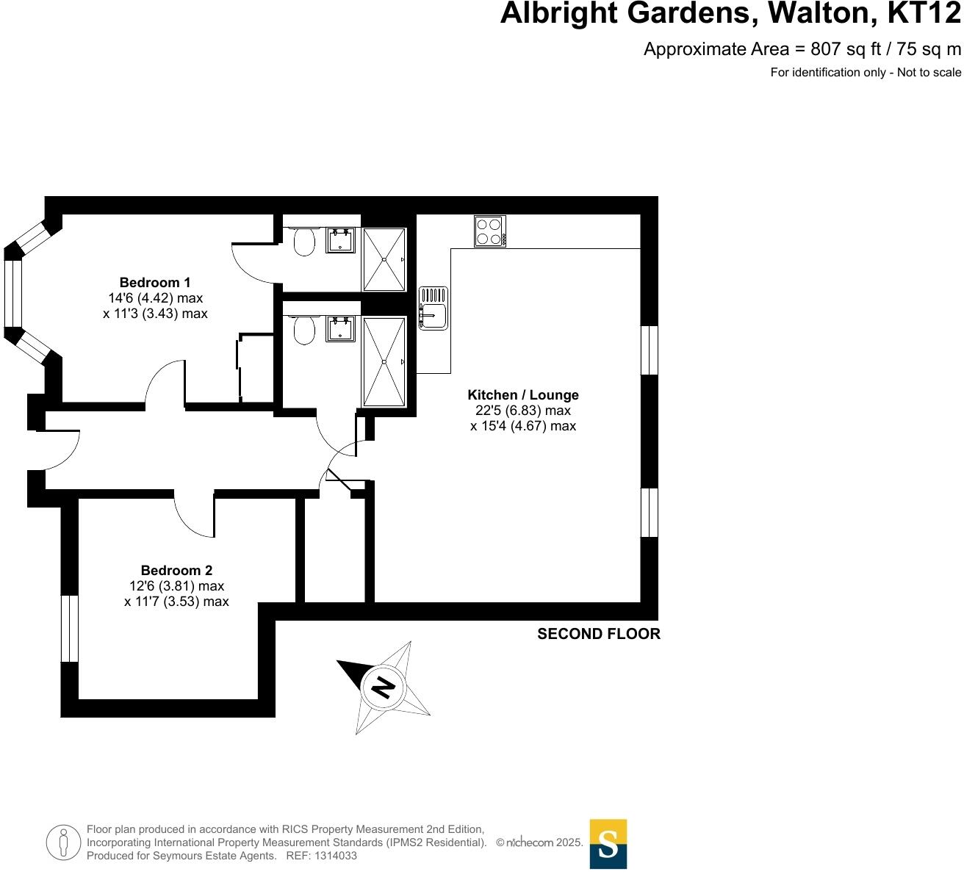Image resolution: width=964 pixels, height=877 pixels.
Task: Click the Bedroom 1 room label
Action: pos(155,283)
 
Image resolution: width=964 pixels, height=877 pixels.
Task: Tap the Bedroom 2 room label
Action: pos(176,571)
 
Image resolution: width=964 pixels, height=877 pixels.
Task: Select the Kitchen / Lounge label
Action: pos(523,395)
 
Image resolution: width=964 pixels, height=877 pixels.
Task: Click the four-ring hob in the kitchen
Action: pos(489,231)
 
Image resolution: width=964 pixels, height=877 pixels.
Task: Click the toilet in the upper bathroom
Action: pos(304,241)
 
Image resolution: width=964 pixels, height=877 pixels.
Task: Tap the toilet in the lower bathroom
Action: pos(304,331)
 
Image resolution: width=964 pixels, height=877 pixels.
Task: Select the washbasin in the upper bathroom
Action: pos(340,240)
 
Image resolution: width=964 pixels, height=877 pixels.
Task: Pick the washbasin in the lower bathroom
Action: pos(340,329)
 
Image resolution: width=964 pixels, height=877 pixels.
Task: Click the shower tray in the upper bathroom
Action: pos(384,259)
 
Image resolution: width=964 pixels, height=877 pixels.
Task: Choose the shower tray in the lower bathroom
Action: pos(384,361)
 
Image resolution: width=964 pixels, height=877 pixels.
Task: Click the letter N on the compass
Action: pos(383,687)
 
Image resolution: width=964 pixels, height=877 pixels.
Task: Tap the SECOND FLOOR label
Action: pos(599,634)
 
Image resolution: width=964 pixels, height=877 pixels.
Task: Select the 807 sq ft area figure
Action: pos(845,49)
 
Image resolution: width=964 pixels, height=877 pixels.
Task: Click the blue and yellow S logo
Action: pos(608,844)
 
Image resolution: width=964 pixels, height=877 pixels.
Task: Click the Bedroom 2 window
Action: pos(69,628)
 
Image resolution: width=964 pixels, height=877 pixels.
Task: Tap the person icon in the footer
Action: pos(63,842)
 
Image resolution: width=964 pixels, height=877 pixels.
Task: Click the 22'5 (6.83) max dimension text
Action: pos(523,411)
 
